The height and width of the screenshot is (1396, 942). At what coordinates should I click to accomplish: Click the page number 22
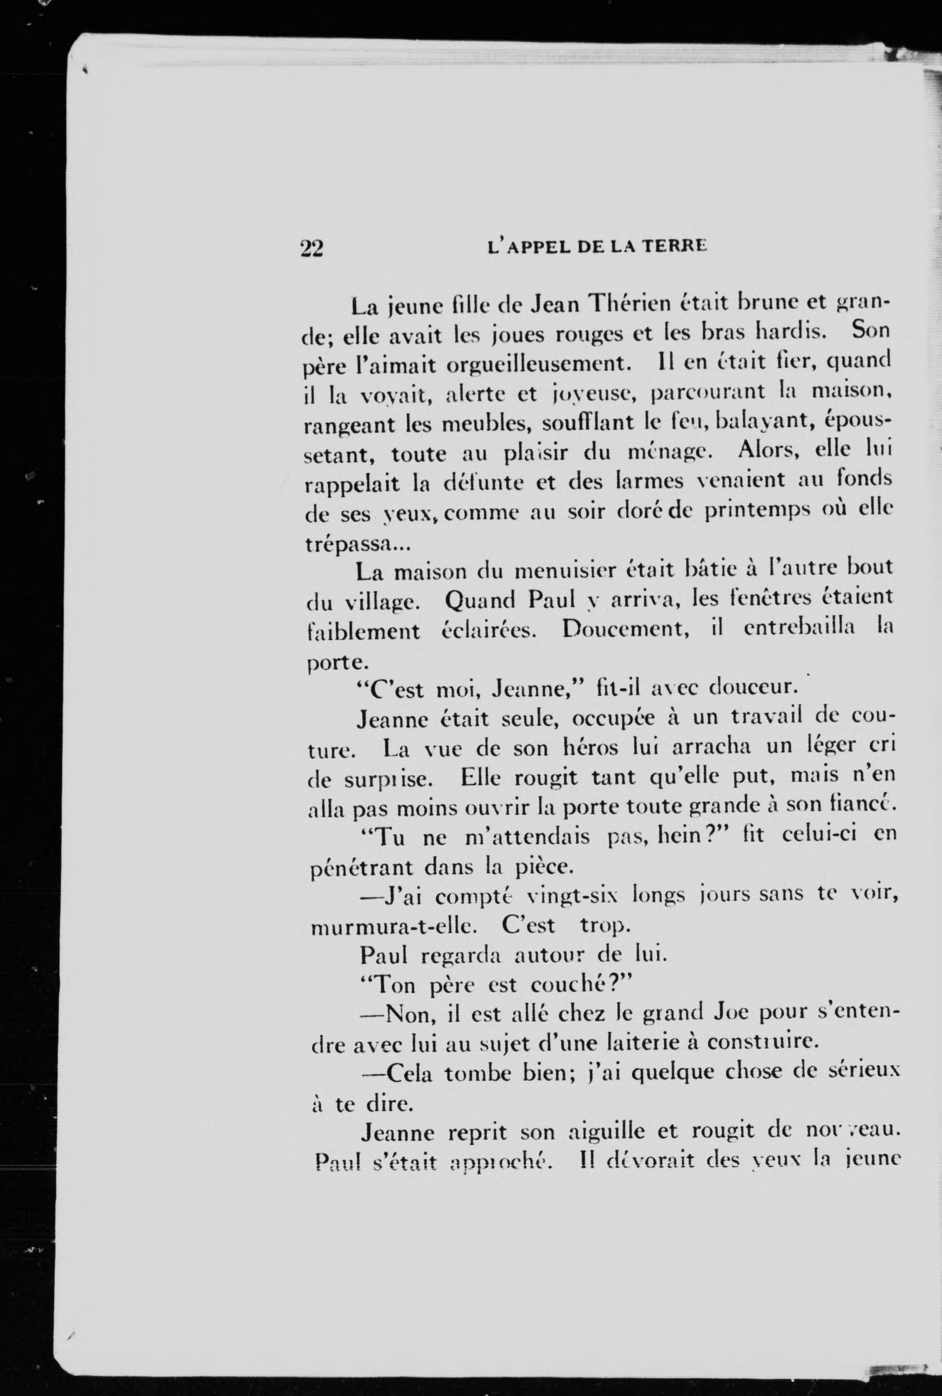click(312, 248)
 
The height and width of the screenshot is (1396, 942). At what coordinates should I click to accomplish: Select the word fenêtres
click(751, 598)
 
